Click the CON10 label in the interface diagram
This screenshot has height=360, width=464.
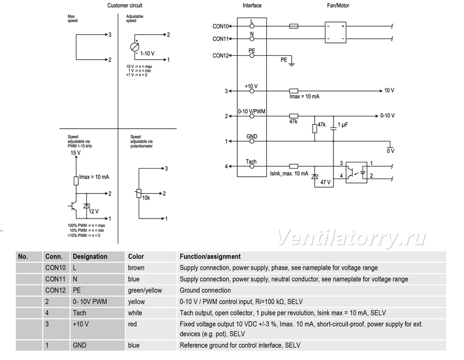point(220,26)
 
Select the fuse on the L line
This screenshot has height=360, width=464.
point(293,26)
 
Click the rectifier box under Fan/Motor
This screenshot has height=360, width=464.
point(335,32)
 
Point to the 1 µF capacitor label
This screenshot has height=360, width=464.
point(343,125)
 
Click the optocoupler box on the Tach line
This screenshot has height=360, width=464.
point(357,172)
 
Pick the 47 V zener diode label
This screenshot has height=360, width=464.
point(325,182)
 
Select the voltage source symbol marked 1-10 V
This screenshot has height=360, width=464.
point(135,47)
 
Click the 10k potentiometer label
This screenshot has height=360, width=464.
point(146,198)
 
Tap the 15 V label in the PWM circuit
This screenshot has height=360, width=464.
point(75,153)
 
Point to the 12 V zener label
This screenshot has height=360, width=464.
point(93,211)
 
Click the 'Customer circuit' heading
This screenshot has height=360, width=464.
point(125,5)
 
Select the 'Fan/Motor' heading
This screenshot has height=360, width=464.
point(338,5)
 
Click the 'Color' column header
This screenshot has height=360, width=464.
point(136,256)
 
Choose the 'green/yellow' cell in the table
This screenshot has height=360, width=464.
point(145,290)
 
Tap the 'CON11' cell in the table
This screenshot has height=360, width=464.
point(55,279)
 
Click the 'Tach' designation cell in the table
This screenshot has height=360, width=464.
point(79,312)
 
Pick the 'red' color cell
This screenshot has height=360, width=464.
point(132,324)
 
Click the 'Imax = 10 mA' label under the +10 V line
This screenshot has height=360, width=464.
point(304,96)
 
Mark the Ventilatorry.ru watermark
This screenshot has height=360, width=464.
point(351,238)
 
